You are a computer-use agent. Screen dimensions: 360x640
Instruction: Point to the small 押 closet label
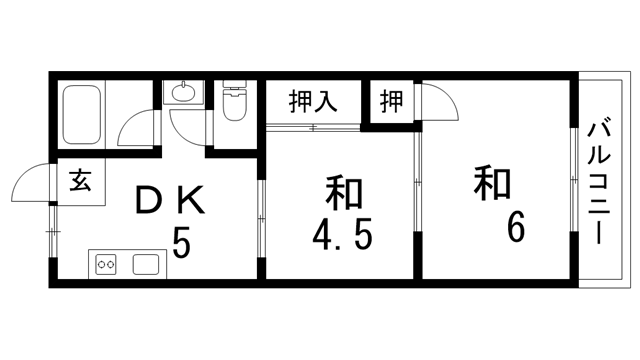391,101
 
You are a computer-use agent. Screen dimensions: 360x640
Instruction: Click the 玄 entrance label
79,181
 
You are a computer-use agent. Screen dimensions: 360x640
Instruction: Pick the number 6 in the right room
516,228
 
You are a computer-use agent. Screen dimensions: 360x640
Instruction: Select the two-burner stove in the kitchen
106,265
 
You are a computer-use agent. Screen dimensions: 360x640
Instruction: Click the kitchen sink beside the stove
146,265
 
